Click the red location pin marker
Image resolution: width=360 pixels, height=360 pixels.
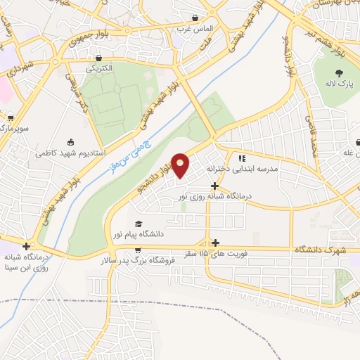(x=181, y=165)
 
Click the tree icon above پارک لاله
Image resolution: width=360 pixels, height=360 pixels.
(x=340, y=72)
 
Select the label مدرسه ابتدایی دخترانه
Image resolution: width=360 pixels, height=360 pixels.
(x=243, y=169)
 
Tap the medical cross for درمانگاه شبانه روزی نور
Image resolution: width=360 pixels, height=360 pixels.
(x=214, y=186)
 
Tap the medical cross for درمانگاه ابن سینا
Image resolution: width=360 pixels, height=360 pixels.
(x=26, y=246)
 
